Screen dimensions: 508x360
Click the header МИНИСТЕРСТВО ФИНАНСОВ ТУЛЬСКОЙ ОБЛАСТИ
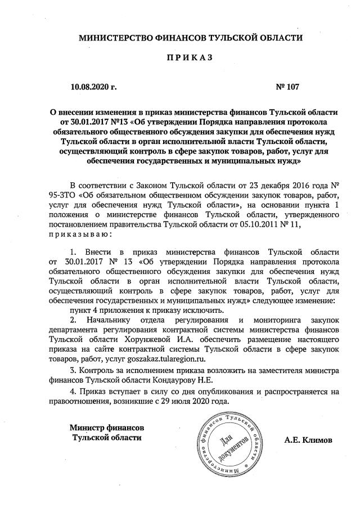(190, 38)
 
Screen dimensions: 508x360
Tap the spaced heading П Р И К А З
(190, 61)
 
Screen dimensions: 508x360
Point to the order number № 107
(287, 87)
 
